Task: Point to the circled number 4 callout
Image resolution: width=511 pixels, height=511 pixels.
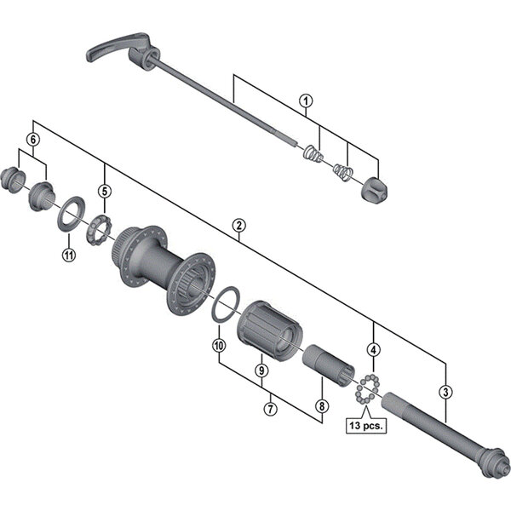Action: click(373, 349)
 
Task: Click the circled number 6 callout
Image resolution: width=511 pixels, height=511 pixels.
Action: click(33, 139)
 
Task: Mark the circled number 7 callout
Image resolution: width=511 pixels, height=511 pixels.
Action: click(269, 410)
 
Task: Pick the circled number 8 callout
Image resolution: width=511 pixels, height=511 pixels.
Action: click(321, 406)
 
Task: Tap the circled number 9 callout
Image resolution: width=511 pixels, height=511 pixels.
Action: click(261, 370)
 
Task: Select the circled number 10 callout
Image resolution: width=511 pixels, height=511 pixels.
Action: click(218, 346)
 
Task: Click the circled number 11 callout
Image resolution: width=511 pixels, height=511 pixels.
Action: click(68, 254)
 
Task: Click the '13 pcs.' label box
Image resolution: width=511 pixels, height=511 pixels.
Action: click(365, 423)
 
